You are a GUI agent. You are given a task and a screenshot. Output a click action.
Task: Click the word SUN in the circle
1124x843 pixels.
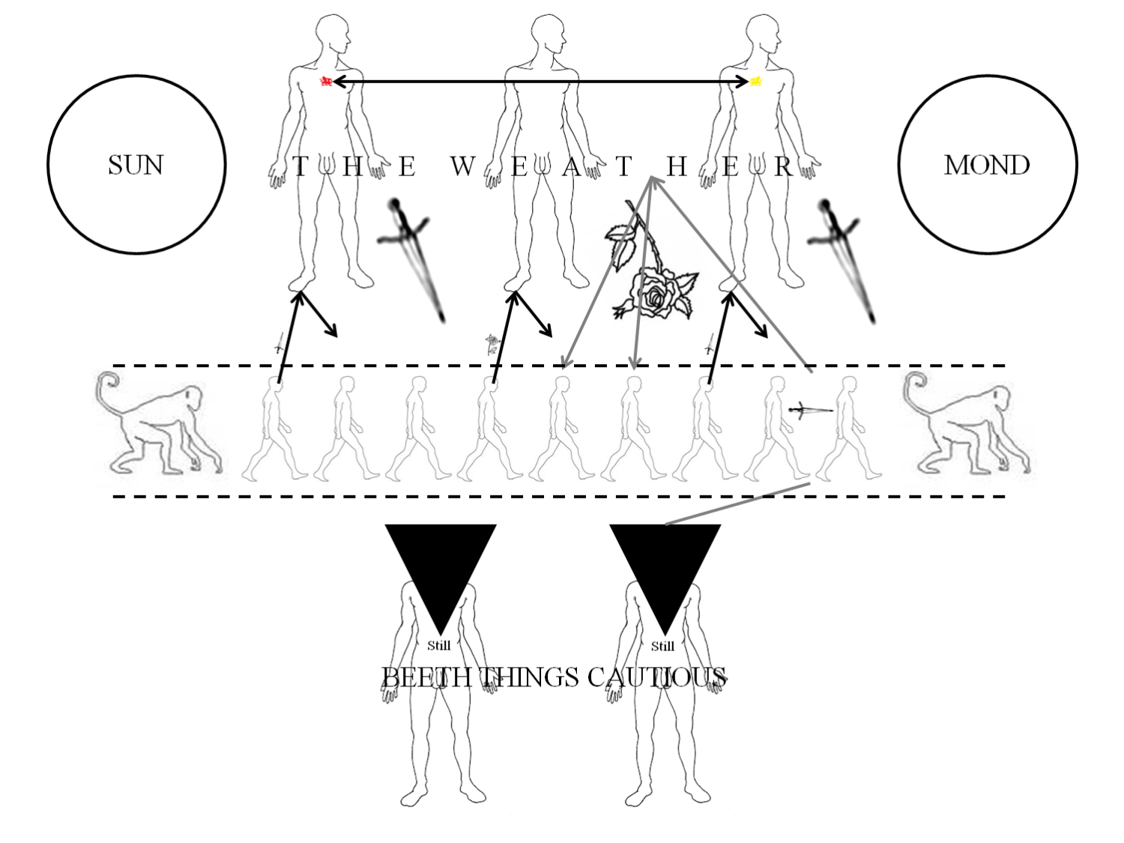click(x=136, y=165)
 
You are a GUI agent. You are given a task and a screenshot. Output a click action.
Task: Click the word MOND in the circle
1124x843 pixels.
click(x=987, y=165)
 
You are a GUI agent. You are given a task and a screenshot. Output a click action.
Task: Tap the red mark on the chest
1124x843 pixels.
click(x=326, y=81)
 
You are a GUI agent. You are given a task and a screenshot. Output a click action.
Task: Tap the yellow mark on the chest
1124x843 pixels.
click(x=756, y=81)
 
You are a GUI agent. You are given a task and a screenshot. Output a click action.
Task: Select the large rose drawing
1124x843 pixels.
click(x=650, y=266)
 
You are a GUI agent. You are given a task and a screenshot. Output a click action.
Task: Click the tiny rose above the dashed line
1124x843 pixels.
click(x=492, y=345)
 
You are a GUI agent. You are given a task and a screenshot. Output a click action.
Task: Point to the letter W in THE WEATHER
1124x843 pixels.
click(x=462, y=166)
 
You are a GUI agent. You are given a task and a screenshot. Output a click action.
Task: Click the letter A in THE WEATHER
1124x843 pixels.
click(x=571, y=166)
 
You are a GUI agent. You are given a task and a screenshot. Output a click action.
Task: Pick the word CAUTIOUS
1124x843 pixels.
click(x=657, y=677)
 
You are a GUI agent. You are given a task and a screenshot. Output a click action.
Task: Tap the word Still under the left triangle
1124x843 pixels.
click(x=439, y=645)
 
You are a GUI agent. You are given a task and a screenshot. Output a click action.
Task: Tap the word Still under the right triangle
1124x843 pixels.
click(x=662, y=646)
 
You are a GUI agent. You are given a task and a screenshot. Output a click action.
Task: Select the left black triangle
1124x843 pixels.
click(x=441, y=563)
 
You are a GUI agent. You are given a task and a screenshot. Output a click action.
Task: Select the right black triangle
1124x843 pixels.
click(x=665, y=563)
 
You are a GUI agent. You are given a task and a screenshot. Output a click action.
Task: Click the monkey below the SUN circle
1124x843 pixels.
click(x=159, y=425)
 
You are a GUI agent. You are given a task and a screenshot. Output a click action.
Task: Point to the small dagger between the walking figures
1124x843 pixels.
click(x=810, y=409)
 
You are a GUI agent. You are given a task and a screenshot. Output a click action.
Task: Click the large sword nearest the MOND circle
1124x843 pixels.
click(x=842, y=261)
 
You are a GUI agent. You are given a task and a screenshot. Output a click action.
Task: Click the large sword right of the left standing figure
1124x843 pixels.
click(x=412, y=260)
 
